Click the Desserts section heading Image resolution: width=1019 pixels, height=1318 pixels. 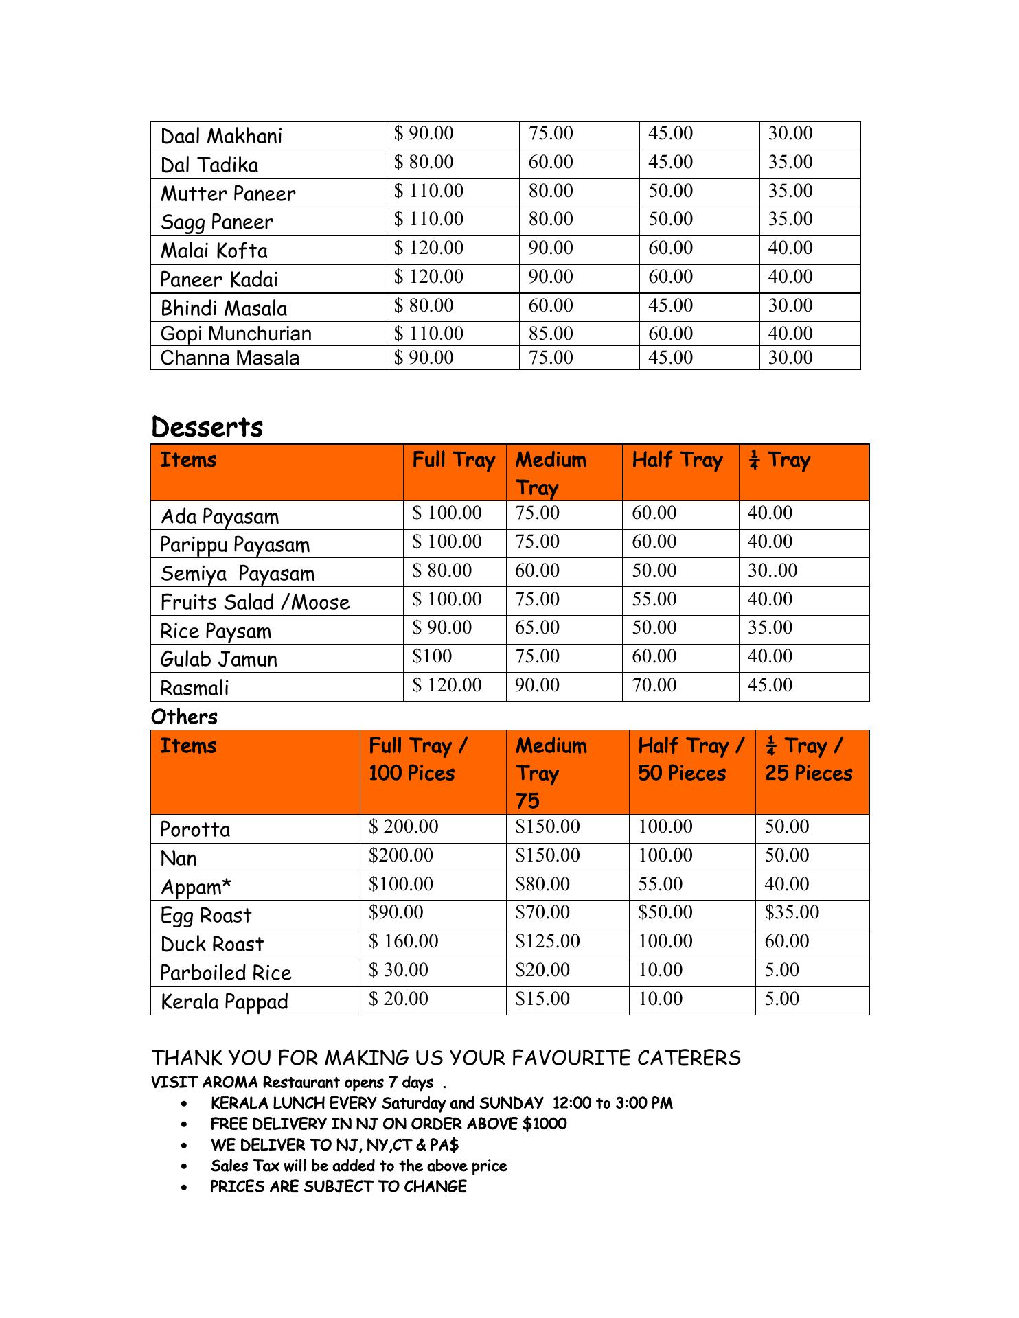(x=207, y=427)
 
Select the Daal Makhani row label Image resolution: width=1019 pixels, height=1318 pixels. (x=221, y=136)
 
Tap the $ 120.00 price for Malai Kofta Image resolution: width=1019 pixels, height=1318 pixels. (x=428, y=248)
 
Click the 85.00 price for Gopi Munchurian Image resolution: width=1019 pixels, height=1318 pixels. (x=550, y=334)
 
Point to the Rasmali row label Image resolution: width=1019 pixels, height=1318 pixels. (x=194, y=688)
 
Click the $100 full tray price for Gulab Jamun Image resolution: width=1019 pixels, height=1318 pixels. (x=432, y=656)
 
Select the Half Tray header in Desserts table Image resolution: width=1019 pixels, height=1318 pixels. (x=677, y=460)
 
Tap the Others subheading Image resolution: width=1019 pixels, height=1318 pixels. (x=184, y=717)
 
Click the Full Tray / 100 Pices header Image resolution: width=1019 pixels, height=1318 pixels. (x=418, y=759)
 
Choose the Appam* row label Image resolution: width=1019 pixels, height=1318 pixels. (x=196, y=887)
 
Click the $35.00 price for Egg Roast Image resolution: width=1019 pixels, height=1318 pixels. (x=792, y=912)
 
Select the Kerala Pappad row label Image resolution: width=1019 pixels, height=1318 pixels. (x=224, y=1002)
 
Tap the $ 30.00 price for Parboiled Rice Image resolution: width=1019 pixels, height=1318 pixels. (x=398, y=970)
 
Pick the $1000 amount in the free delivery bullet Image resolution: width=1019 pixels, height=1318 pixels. (x=545, y=1124)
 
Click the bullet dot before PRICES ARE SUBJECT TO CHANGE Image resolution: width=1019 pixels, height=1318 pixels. (x=185, y=1187)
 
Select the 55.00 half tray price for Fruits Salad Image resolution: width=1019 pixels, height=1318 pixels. (x=654, y=599)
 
